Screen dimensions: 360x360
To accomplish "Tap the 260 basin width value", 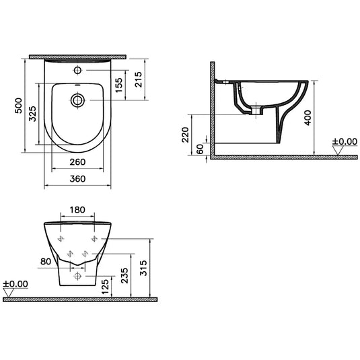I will coord(77,162).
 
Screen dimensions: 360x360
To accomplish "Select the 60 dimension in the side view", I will coord(200,148).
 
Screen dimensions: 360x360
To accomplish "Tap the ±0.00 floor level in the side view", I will coord(345,142).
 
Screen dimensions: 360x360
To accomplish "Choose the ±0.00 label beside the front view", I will coord(15,284).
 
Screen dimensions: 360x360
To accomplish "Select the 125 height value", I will coord(104,288).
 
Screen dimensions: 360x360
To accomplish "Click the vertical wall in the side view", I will coord(212,108).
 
